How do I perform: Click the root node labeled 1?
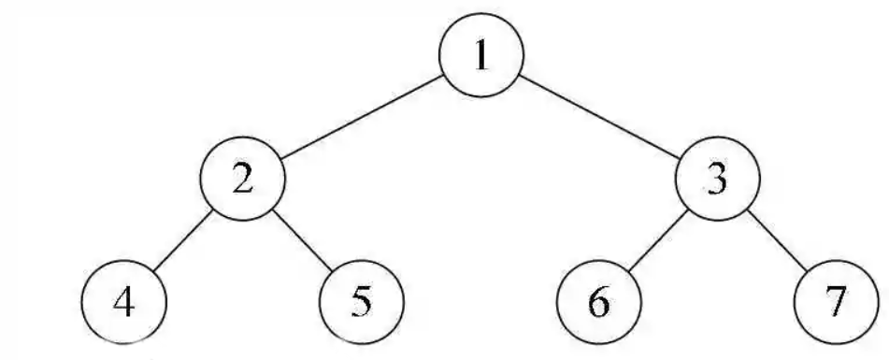[x=480, y=58]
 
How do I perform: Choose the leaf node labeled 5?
[x=362, y=305]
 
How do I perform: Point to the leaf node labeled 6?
[x=599, y=305]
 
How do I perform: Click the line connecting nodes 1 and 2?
[x=362, y=119]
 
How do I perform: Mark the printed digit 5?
[x=362, y=305]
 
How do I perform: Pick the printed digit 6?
[x=599, y=305]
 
